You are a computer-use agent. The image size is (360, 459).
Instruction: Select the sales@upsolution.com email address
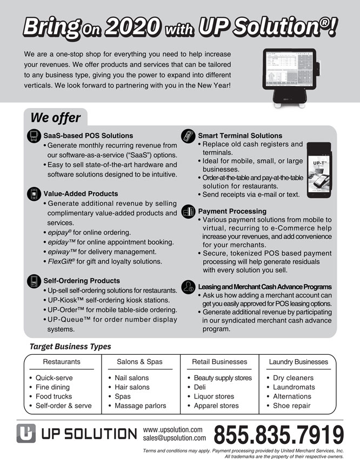pos(174,438)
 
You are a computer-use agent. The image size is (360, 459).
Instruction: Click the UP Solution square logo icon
pos(25,434)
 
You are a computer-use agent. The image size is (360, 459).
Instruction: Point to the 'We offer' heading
pos(55,118)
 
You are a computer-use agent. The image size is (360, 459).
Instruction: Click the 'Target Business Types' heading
pos(70,347)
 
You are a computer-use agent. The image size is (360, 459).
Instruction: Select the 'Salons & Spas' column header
pos(139,362)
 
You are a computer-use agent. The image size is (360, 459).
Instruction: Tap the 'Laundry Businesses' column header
pos(298,362)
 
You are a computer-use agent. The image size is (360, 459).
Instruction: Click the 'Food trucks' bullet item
pos(54,396)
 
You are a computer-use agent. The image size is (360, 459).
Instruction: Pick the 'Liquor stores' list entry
pos(214,396)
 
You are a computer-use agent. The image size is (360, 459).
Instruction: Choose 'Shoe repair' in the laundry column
pos(292,406)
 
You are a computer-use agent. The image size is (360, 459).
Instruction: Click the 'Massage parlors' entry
pos(140,406)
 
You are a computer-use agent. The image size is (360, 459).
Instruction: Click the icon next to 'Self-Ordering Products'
pos(34,281)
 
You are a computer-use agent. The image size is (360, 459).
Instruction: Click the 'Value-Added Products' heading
pos(81,193)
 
